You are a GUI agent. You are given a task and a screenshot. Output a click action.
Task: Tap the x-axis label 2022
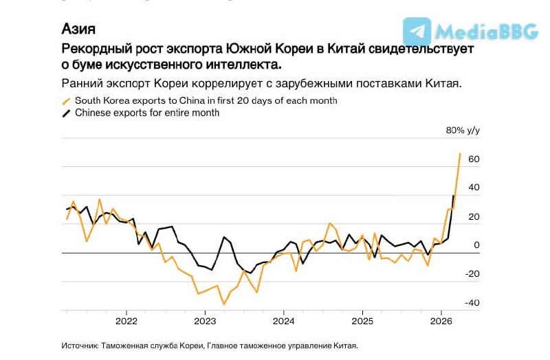pos(126,321)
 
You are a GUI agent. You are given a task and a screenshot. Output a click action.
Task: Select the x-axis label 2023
pos(205,321)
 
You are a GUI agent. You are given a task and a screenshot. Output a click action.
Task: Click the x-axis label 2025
pos(362,321)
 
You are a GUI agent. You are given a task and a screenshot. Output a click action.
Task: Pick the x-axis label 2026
pos(441,321)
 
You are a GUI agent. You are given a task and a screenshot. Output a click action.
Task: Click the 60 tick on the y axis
pos(474,159)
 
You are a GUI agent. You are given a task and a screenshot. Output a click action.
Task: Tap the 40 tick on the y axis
pos(474,188)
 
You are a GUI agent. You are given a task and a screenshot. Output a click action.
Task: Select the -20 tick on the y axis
pos(472,274)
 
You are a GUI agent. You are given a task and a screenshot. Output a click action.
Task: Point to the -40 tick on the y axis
pos(472,303)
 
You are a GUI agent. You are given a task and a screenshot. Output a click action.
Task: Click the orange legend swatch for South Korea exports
pos(67,101)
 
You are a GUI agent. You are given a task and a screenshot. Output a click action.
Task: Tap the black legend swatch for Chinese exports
pos(67,113)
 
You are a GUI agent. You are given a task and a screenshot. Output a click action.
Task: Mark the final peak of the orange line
pos(460,153)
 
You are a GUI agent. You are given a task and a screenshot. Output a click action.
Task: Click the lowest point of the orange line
pos(223,304)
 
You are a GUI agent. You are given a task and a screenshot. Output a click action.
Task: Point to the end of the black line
pos(454,196)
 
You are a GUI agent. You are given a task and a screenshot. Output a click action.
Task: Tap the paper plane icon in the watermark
pos(417,32)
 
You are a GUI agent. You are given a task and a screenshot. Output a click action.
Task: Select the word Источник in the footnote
pos(80,346)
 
